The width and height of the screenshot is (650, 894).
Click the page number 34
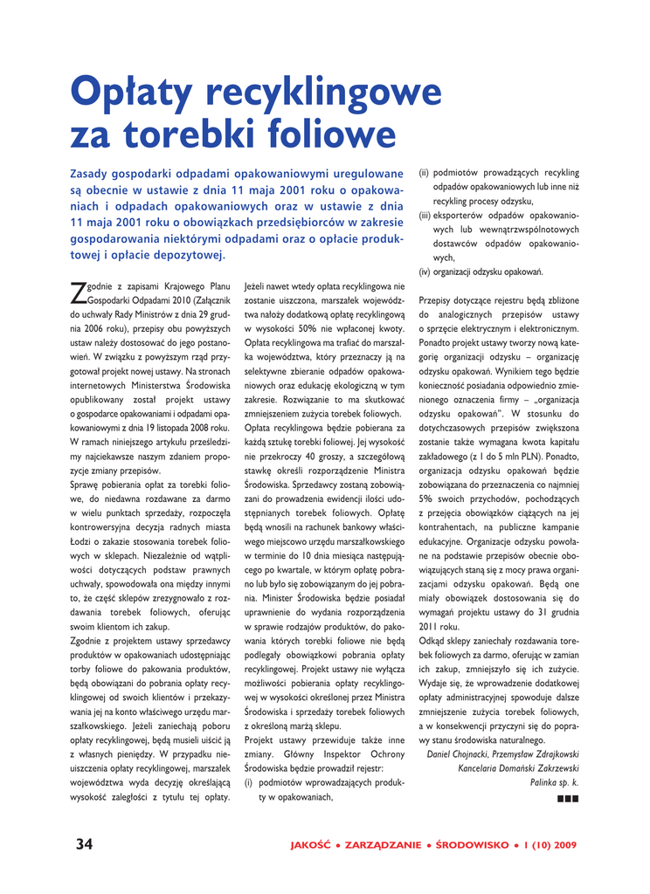point(84,843)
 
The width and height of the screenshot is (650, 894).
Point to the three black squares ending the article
point(567,798)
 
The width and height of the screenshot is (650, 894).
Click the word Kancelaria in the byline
point(478,768)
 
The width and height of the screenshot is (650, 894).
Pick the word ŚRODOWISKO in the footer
point(474,845)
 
